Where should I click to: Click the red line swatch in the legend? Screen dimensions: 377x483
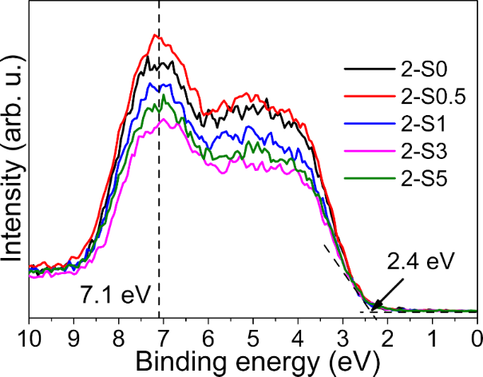coord(363,97)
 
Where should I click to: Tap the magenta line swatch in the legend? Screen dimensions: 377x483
coord(363,152)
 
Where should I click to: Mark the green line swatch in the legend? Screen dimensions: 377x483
coord(363,180)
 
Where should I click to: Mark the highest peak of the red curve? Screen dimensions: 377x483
coord(157,34)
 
